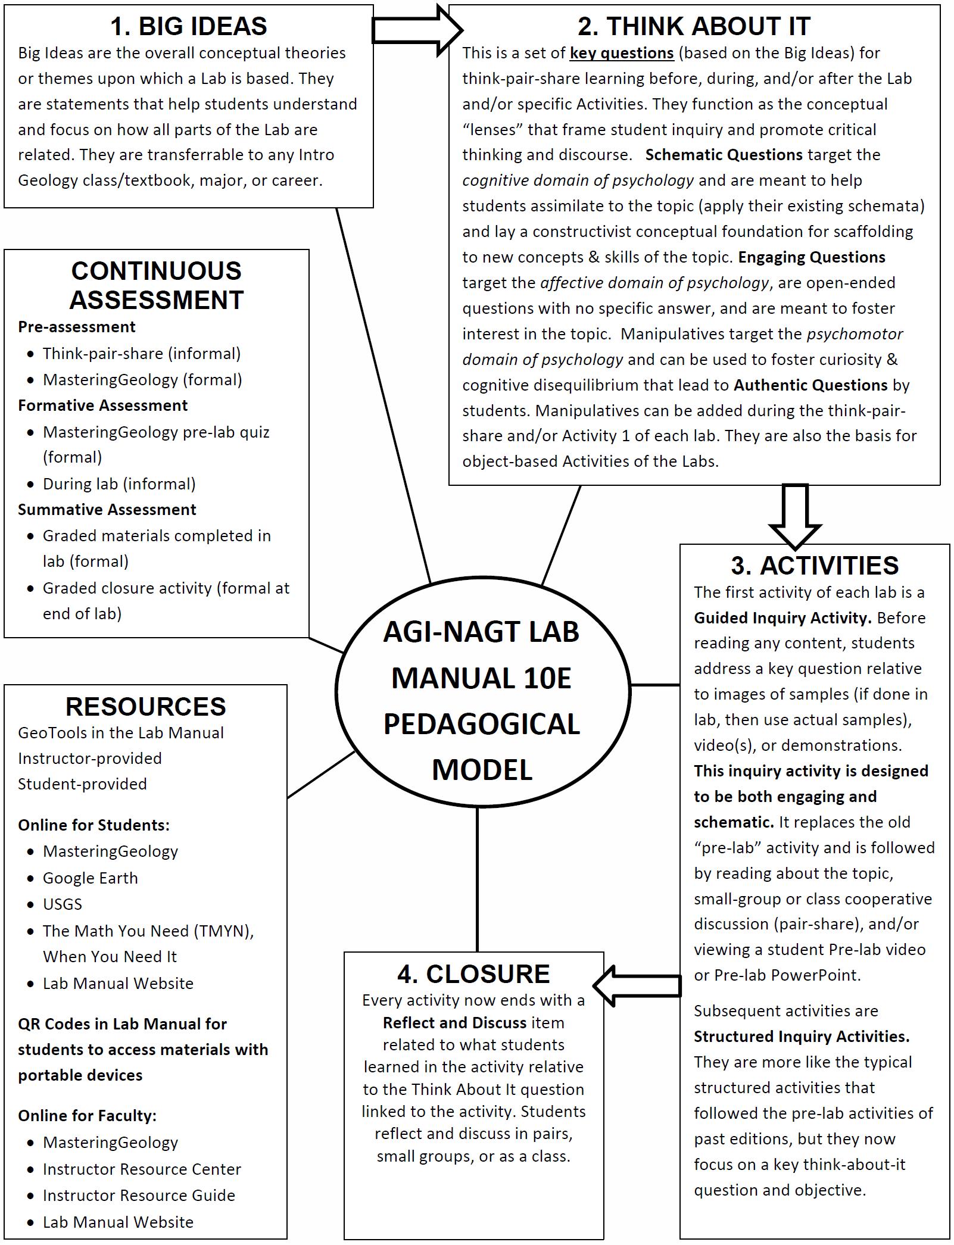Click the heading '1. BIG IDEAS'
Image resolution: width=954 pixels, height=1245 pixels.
188,26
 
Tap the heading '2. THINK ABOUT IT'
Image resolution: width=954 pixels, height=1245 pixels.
694,26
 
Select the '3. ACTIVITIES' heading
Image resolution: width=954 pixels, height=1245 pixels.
814,566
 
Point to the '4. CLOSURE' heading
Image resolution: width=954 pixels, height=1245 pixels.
473,974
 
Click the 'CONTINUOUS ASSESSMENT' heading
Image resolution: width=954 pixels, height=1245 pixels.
156,286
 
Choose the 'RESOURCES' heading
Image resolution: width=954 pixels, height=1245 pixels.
145,707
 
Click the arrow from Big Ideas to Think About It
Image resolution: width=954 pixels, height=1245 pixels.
416,30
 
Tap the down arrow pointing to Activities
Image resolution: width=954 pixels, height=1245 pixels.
795,515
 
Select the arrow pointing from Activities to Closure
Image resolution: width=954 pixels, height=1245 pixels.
637,986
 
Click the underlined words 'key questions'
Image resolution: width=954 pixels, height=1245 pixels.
622,53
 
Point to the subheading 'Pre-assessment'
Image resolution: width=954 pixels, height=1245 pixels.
77,327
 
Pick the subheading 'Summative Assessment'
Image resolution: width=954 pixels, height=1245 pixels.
107,510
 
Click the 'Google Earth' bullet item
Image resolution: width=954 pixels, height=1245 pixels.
91,878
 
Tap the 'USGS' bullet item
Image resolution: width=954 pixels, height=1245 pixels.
63,904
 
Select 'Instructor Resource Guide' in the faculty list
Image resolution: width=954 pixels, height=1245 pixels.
139,1196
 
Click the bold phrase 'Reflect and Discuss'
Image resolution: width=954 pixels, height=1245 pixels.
455,1023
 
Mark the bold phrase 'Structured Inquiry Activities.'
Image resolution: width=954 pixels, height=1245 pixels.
802,1037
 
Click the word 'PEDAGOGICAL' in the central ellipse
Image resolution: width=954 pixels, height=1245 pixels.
481,724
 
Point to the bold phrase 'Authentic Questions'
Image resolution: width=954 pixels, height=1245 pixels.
810,385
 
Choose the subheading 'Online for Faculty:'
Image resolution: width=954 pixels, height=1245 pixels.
87,1116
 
